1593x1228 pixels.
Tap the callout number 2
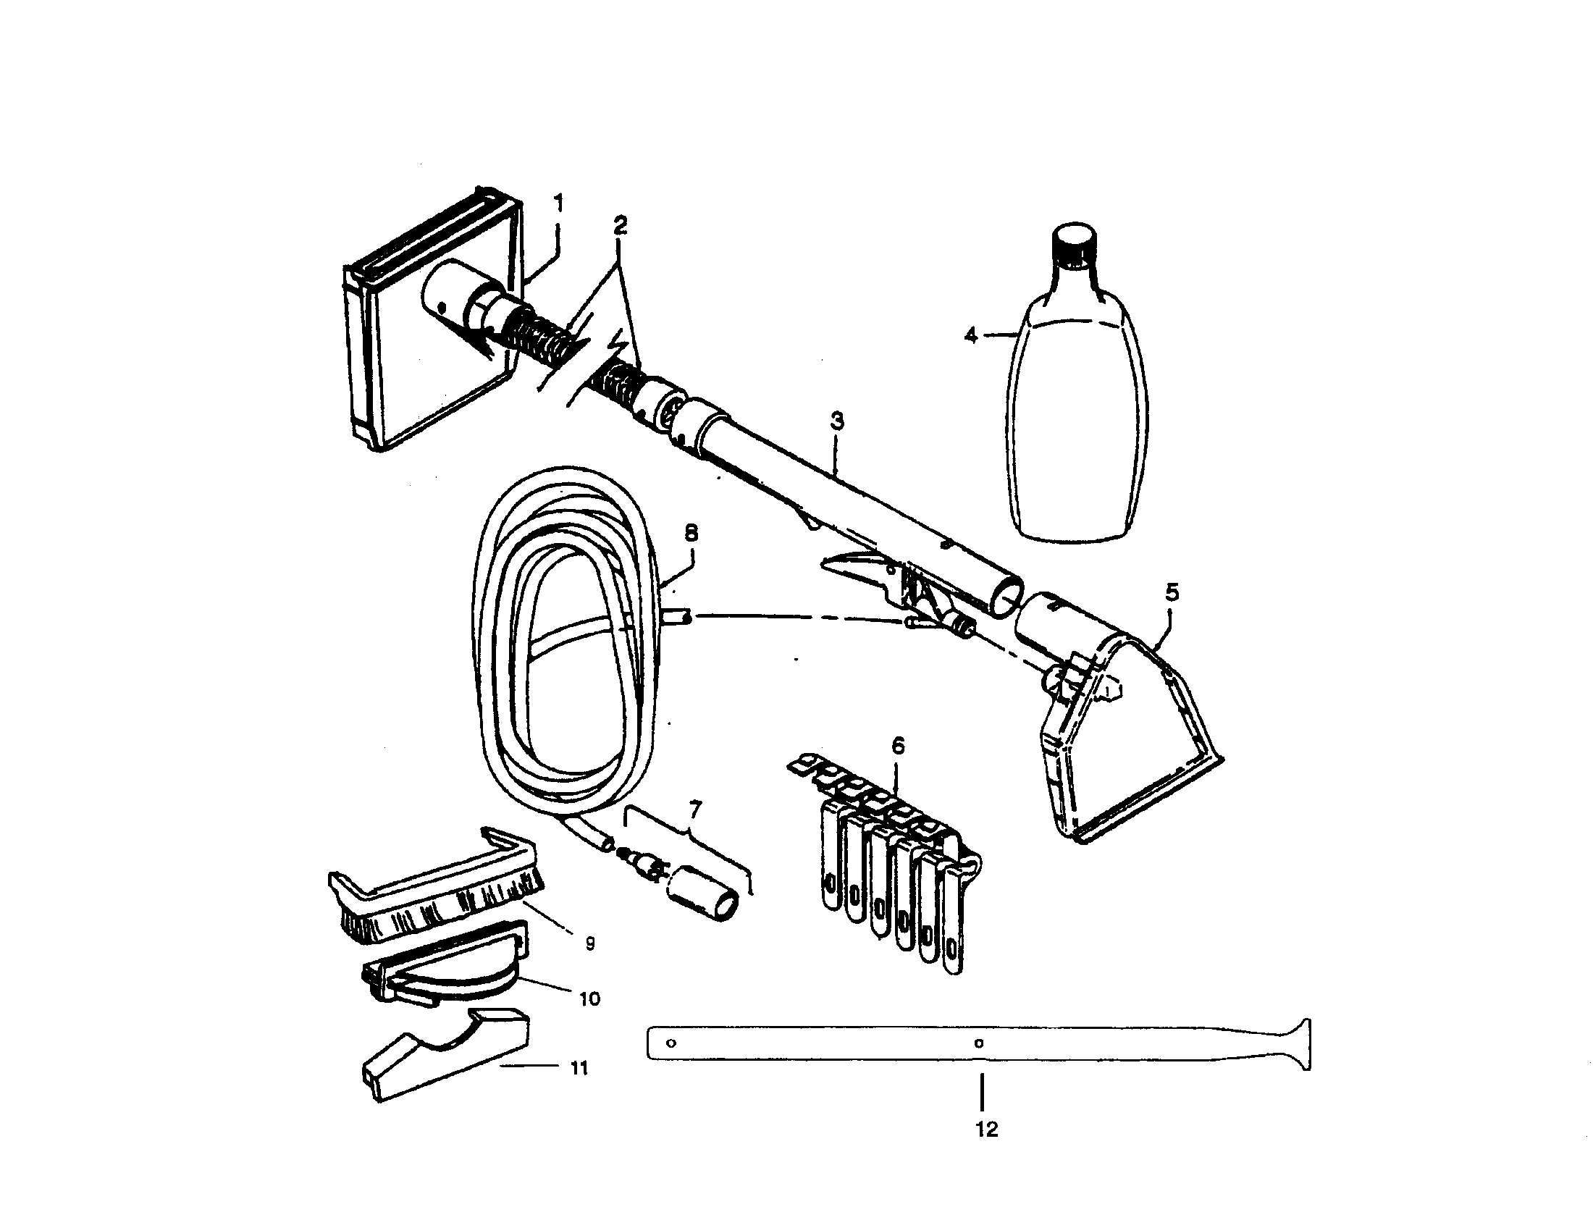click(619, 225)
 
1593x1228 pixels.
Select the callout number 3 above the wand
click(836, 421)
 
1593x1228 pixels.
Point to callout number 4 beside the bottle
click(970, 336)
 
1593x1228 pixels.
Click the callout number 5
click(1172, 592)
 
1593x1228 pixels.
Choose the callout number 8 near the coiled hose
click(691, 533)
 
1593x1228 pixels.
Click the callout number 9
click(590, 943)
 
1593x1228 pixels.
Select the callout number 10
click(589, 998)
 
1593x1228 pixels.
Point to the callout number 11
click(579, 1068)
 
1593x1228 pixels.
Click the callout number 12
click(985, 1130)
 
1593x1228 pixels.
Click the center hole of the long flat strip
click(980, 1043)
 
